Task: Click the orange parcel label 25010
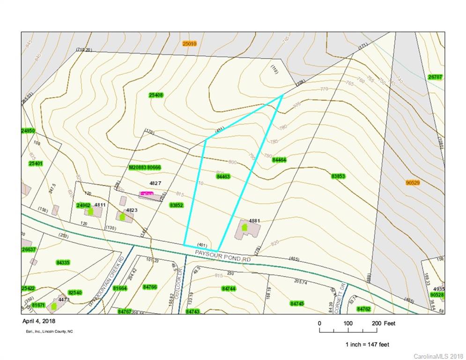189,44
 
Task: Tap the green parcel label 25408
156,95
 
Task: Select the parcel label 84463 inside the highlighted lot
223,177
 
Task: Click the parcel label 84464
279,160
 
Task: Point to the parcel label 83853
338,176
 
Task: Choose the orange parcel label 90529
413,182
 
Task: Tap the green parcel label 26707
435,77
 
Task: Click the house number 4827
155,183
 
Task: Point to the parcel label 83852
177,205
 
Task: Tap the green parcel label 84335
63,262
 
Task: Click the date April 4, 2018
39,321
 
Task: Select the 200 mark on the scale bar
377,323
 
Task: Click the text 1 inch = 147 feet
367,345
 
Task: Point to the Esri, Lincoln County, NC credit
49,331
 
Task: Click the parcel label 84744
228,289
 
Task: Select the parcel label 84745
297,304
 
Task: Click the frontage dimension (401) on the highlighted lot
202,245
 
